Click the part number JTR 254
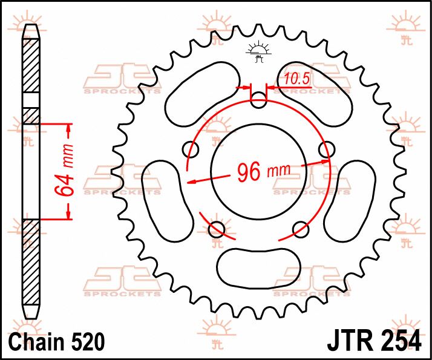coord(375,340)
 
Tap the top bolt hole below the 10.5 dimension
coord(258,100)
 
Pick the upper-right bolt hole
coord(327,149)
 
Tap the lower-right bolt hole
coord(300,228)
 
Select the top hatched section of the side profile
coord(31,66)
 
